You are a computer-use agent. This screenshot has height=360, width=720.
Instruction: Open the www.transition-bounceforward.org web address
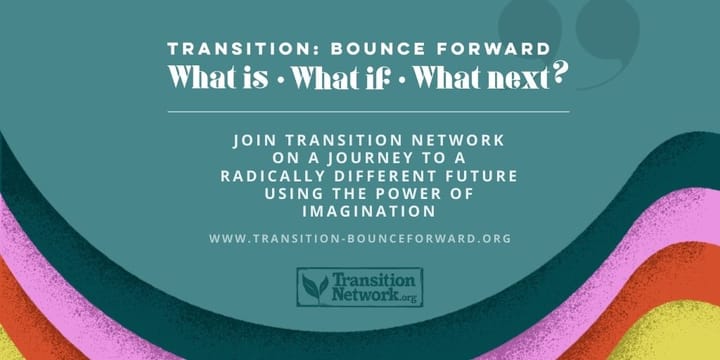[x=360, y=238]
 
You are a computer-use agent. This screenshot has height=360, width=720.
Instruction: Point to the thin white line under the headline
[x=360, y=111]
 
